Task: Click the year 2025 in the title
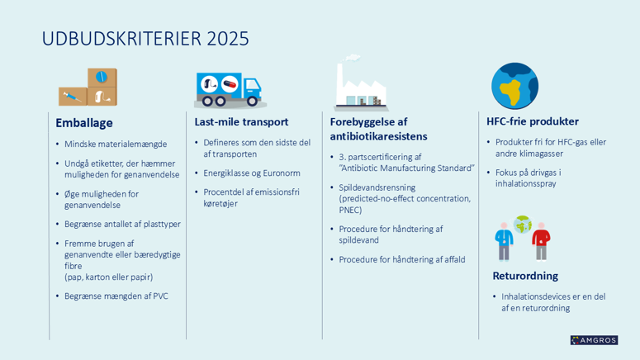click(228, 39)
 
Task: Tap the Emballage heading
click(84, 123)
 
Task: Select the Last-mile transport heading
click(241, 121)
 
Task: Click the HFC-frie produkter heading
click(533, 121)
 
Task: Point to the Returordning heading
click(525, 276)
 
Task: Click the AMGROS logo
click(594, 340)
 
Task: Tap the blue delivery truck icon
click(229, 90)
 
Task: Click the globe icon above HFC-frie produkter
click(514, 86)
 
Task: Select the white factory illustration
click(361, 87)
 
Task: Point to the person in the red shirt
click(541, 241)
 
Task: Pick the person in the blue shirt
click(504, 241)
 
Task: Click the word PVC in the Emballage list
click(160, 296)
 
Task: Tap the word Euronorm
click(282, 173)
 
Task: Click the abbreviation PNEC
click(349, 211)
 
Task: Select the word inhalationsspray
click(526, 183)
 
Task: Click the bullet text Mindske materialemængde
click(116, 144)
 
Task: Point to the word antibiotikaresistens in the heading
click(378, 136)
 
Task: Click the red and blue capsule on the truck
click(230, 84)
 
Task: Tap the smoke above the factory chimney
click(351, 58)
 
